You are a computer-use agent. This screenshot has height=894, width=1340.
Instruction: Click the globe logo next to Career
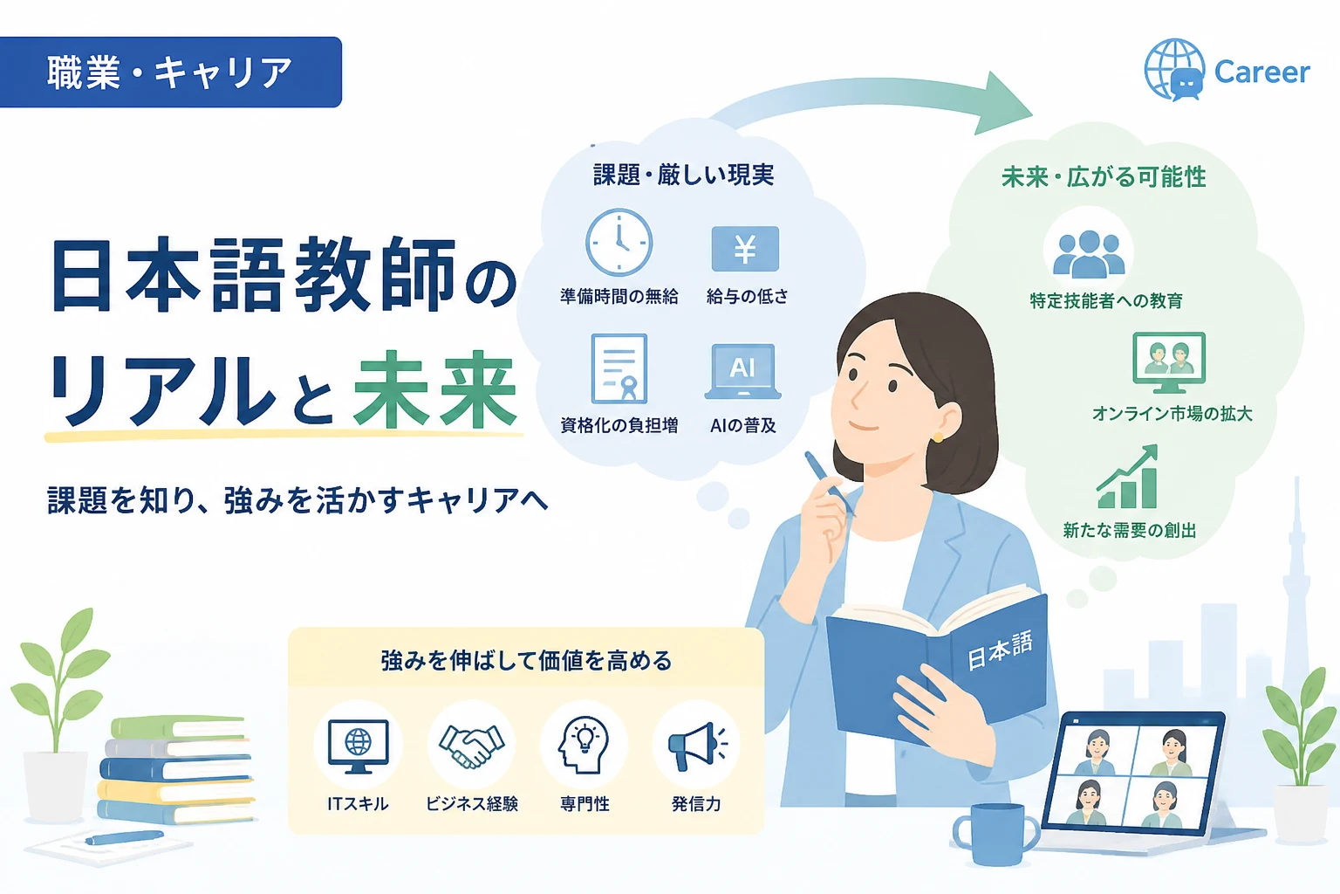pos(1174,70)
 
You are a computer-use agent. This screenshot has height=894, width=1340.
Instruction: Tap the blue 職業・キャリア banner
pos(170,72)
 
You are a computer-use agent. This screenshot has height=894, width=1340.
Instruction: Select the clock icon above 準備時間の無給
pos(619,242)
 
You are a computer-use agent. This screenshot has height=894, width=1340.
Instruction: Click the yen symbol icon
pos(745,249)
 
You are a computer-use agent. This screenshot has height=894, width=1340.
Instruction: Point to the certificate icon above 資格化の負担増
pos(619,368)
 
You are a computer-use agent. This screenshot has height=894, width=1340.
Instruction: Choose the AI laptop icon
pos(742,371)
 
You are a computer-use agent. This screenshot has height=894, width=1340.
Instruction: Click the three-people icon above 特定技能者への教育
pos(1089,254)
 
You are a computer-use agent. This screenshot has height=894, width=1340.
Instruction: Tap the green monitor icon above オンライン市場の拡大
pos(1168,362)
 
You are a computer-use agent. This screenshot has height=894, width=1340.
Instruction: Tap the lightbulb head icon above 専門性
pos(584,746)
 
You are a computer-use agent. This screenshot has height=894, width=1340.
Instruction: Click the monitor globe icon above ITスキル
pos(358,746)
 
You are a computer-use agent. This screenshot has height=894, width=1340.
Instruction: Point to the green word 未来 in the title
pos(435,389)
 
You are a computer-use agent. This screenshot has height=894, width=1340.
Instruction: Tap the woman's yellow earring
pos(938,437)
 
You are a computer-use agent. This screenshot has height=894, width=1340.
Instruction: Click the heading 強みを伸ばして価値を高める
pos(526,661)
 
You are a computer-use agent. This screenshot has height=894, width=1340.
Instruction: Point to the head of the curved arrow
pos(1005,103)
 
